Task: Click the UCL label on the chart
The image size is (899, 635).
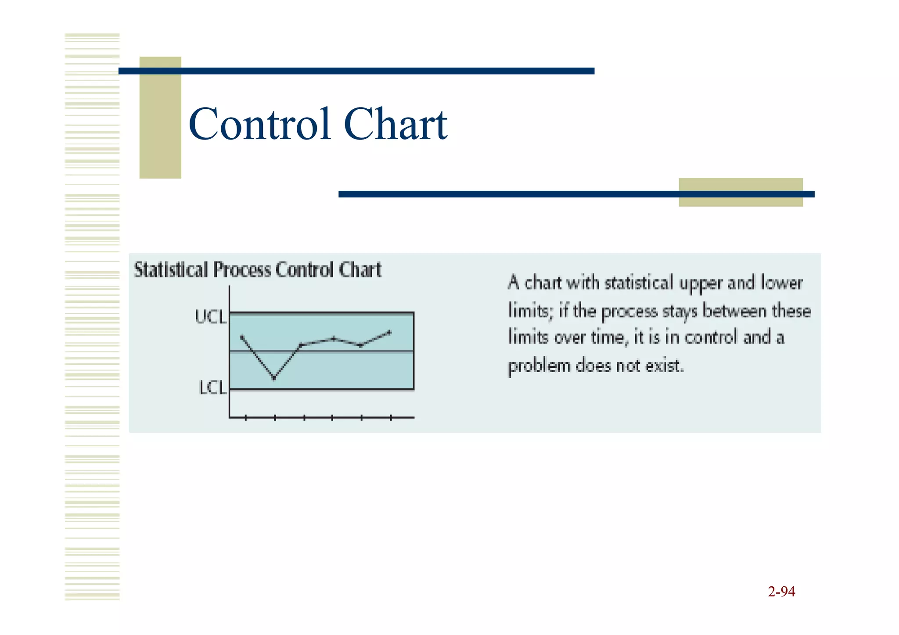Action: tap(210, 317)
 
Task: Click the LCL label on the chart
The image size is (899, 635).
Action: tap(212, 388)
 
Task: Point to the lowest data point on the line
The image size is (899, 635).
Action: tap(274, 378)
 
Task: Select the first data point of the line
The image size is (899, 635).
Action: tap(242, 337)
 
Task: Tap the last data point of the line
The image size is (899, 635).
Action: tap(389, 332)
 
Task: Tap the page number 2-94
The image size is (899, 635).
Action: tap(781, 592)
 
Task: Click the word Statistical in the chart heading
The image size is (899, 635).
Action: tap(171, 270)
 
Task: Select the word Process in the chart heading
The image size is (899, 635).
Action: tap(242, 270)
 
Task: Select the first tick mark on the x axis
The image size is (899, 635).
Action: tap(246, 418)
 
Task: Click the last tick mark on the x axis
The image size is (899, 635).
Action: tap(391, 418)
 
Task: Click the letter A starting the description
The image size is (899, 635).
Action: tap(514, 283)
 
